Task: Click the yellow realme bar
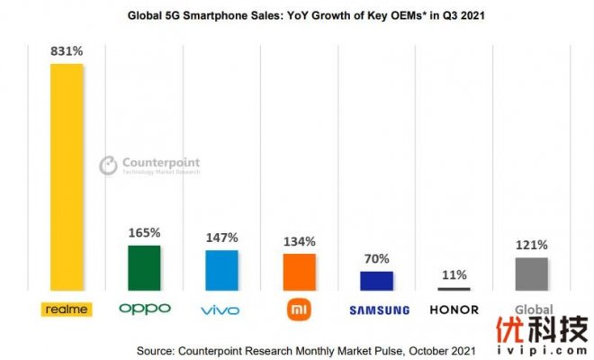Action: [x=67, y=176]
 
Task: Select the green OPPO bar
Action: [x=144, y=267]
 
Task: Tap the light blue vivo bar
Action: [x=221, y=270]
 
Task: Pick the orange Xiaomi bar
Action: [x=299, y=272]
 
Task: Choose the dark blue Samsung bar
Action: [x=376, y=280]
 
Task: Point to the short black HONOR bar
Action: [x=454, y=288]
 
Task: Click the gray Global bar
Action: [x=531, y=274]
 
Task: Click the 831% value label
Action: [x=67, y=52]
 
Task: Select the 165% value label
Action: [x=144, y=233]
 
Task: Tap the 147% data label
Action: [x=221, y=238]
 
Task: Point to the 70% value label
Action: [x=376, y=258]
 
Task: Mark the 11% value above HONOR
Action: [x=454, y=274]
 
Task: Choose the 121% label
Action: [x=531, y=245]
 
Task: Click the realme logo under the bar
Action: [x=67, y=310]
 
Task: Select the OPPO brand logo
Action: [x=144, y=310]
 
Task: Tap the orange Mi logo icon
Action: [x=299, y=310]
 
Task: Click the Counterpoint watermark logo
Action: [x=148, y=166]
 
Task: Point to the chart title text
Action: [x=298, y=16]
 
